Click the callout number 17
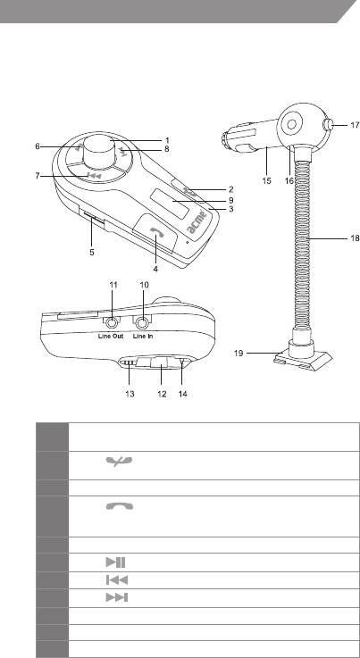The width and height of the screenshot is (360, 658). click(x=355, y=124)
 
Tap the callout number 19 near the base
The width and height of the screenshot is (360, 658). click(x=239, y=354)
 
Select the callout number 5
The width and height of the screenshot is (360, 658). click(x=92, y=253)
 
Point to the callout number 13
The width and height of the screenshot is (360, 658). click(x=130, y=394)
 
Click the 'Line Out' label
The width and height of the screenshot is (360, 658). click(x=111, y=336)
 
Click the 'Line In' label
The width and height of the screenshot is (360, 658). click(x=142, y=336)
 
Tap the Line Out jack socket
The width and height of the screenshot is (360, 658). click(x=113, y=323)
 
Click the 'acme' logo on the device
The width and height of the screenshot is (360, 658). click(x=197, y=223)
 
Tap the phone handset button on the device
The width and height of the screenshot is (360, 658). click(x=156, y=232)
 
